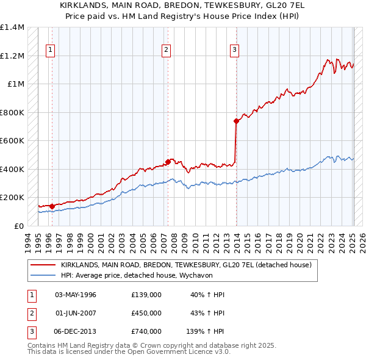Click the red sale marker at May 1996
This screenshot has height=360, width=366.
pyautogui.click(x=52, y=206)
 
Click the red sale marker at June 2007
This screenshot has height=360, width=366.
pyautogui.click(x=168, y=162)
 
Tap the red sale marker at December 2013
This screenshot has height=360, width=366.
pyautogui.click(x=236, y=121)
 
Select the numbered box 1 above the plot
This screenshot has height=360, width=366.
pyautogui.click(x=49, y=51)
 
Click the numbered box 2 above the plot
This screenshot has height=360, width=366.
pyautogui.click(x=166, y=51)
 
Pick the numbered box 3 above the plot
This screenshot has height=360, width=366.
pyautogui.click(x=234, y=51)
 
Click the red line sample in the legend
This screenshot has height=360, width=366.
pyautogui.click(x=43, y=265)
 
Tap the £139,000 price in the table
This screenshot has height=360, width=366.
pyautogui.click(x=146, y=295)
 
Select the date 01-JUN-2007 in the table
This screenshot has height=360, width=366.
pyautogui.click(x=76, y=313)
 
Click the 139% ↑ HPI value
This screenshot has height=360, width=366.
pyautogui.click(x=205, y=331)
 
